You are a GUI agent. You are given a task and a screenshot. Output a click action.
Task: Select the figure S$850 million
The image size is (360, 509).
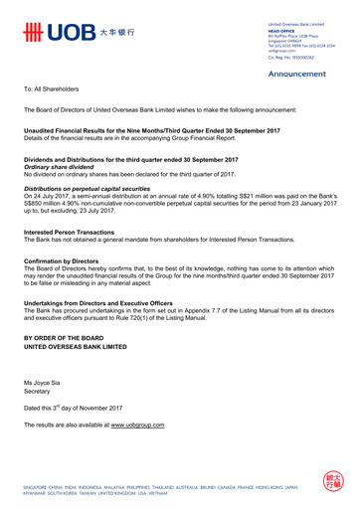44,204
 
